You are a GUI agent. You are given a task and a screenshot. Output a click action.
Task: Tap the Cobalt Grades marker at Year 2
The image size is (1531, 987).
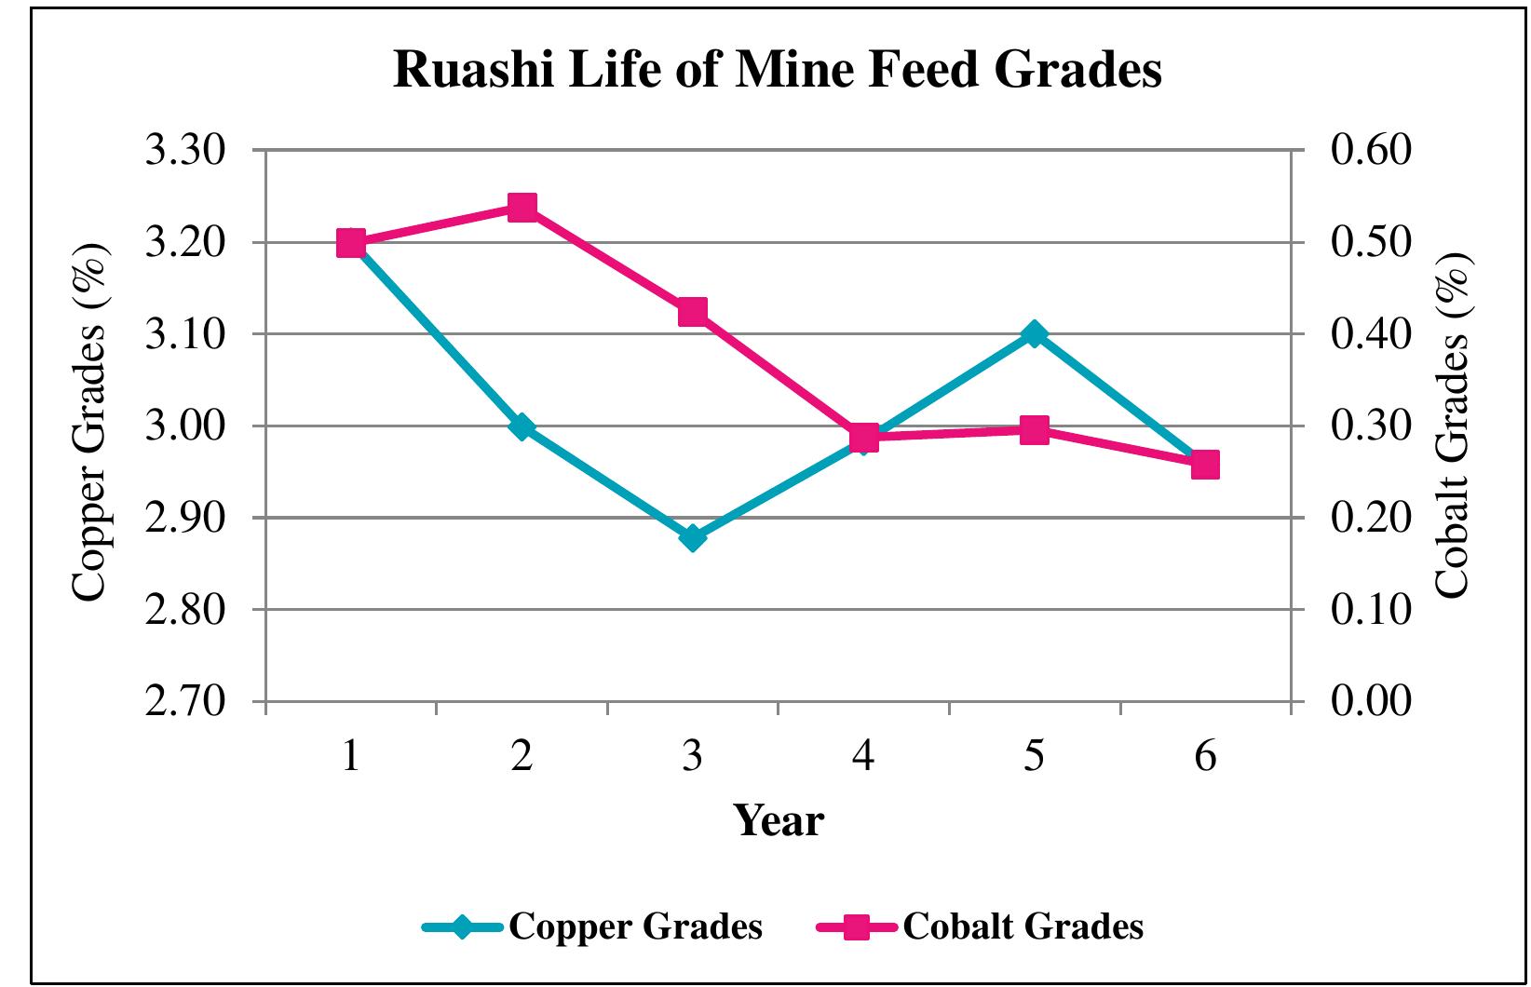tap(522, 207)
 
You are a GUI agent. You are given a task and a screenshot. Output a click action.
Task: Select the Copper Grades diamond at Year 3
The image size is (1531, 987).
tap(692, 538)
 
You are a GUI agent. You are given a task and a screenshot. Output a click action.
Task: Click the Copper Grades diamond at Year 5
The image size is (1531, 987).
tap(1034, 334)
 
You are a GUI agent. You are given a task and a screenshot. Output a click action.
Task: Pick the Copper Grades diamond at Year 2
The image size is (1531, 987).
tap(522, 426)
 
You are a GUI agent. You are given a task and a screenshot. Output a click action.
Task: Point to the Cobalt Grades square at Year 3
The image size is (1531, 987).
tap(692, 312)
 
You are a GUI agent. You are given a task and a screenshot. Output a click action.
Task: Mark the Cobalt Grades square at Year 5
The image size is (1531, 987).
tap(1034, 430)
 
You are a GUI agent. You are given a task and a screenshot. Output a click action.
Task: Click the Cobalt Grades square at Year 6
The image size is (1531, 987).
tap(1205, 464)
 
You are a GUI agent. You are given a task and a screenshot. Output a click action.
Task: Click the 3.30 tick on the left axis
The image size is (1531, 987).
tap(186, 151)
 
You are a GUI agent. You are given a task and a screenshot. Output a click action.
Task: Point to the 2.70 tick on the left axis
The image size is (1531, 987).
tap(186, 701)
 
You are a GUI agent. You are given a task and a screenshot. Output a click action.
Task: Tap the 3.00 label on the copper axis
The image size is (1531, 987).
tap(186, 426)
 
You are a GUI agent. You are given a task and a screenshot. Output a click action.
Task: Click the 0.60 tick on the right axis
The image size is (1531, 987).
tap(1371, 151)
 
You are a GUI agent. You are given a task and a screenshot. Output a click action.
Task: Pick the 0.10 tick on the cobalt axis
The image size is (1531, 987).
tap(1371, 610)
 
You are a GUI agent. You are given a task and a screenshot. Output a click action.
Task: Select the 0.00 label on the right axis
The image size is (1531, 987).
tap(1371, 701)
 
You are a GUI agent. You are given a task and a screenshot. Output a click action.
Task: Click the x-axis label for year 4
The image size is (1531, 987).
tap(863, 757)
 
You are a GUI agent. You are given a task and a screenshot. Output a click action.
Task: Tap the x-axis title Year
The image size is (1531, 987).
tap(779, 821)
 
